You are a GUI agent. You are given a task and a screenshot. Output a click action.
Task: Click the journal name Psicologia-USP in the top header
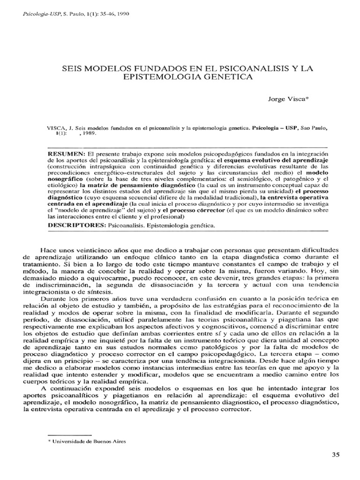(37, 14)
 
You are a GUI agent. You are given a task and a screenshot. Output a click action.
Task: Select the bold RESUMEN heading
(66, 154)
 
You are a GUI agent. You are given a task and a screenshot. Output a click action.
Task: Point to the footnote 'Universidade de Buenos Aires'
(90, 441)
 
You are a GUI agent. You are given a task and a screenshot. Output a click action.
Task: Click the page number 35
(336, 455)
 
